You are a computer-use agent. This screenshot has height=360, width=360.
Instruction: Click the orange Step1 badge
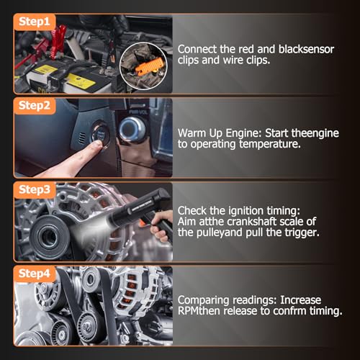pyautogui.click(x=35, y=22)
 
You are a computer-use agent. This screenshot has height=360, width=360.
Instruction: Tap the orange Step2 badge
pyautogui.click(x=35, y=106)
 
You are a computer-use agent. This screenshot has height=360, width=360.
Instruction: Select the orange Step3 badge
pyautogui.click(x=35, y=190)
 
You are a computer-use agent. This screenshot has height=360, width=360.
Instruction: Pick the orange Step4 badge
pyautogui.click(x=35, y=274)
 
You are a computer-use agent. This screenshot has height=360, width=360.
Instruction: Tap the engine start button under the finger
pyautogui.click(x=100, y=135)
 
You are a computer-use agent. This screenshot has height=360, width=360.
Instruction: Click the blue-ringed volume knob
pyautogui.click(x=132, y=130)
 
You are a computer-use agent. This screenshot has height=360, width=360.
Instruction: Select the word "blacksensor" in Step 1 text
pyautogui.click(x=306, y=49)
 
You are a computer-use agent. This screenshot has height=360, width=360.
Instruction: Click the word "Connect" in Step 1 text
pyautogui.click(x=197, y=49)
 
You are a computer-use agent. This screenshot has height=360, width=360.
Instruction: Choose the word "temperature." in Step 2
pyautogui.click(x=270, y=144)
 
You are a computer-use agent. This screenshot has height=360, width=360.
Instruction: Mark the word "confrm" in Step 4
pyautogui.click(x=289, y=311)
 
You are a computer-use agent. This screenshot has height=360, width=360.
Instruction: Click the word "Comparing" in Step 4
pyautogui.click(x=204, y=300)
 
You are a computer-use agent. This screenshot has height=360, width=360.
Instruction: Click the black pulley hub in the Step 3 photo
pyautogui.click(x=50, y=237)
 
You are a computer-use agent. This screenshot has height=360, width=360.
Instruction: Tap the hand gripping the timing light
pyautogui.click(x=161, y=225)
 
